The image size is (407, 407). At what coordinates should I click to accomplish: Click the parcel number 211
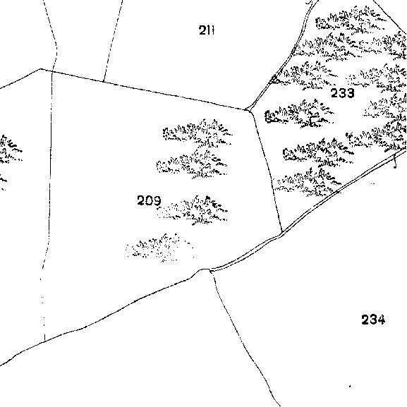pyautogui.click(x=207, y=30)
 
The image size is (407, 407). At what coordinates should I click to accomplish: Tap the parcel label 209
pyautogui.click(x=149, y=200)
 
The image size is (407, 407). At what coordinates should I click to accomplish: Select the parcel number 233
pyautogui.click(x=342, y=93)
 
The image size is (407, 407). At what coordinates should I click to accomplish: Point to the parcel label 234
pyautogui.click(x=373, y=320)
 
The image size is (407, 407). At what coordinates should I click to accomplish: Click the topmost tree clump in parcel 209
pyautogui.click(x=198, y=133)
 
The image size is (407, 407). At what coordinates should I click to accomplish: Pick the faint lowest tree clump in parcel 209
pyautogui.click(x=159, y=248)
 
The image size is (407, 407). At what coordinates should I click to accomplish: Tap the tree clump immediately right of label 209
pyautogui.click(x=193, y=210)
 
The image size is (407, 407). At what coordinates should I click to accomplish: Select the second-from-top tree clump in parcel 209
pyautogui.click(x=192, y=164)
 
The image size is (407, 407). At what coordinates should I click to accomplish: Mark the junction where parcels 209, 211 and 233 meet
pyautogui.click(x=247, y=110)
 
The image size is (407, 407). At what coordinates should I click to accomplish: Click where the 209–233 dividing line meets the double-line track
pyautogui.click(x=282, y=233)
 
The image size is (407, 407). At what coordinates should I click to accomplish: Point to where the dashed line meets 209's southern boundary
pyautogui.click(x=44, y=341)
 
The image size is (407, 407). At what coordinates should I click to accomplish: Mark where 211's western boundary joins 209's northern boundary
pyautogui.click(x=104, y=81)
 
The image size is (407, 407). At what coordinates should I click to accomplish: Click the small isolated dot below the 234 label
pyautogui.click(x=350, y=387)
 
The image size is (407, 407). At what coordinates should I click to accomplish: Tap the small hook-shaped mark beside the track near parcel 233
pyautogui.click(x=395, y=162)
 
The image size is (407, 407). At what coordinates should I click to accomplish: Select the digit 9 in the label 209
pyautogui.click(x=157, y=200)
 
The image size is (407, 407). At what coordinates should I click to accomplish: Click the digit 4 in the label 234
pyautogui.click(x=381, y=320)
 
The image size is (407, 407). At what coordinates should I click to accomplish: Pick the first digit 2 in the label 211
pyautogui.click(x=202, y=30)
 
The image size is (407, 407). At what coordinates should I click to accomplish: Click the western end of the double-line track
pyautogui.click(x=210, y=271)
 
